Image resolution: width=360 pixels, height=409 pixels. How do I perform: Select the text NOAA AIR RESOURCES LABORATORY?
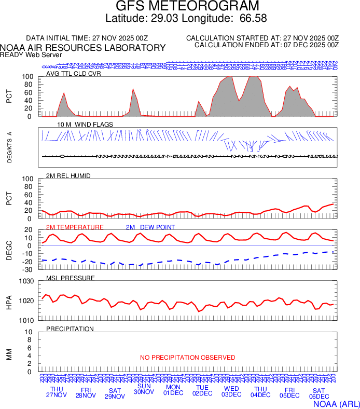(83, 48)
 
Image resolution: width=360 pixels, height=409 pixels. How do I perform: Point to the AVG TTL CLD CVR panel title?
(74, 74)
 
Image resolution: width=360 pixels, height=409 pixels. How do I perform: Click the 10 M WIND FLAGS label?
(85, 125)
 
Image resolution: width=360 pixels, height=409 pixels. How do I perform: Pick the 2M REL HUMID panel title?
(68, 176)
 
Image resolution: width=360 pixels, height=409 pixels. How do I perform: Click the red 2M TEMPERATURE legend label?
(75, 227)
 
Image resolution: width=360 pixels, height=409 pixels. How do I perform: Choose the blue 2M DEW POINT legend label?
(150, 227)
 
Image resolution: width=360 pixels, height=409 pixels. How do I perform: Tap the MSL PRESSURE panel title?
(71, 278)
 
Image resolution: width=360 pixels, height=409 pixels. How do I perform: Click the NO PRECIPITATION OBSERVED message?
(187, 358)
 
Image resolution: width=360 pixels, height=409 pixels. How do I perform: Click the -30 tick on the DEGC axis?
(29, 269)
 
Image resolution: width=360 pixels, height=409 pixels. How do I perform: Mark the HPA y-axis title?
(9, 301)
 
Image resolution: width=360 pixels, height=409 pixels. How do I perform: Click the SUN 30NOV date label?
(144, 389)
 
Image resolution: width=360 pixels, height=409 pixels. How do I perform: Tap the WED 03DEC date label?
(231, 392)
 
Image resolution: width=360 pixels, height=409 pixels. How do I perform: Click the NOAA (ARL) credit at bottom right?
(336, 403)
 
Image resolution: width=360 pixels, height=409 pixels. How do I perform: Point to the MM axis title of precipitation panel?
(9, 354)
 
